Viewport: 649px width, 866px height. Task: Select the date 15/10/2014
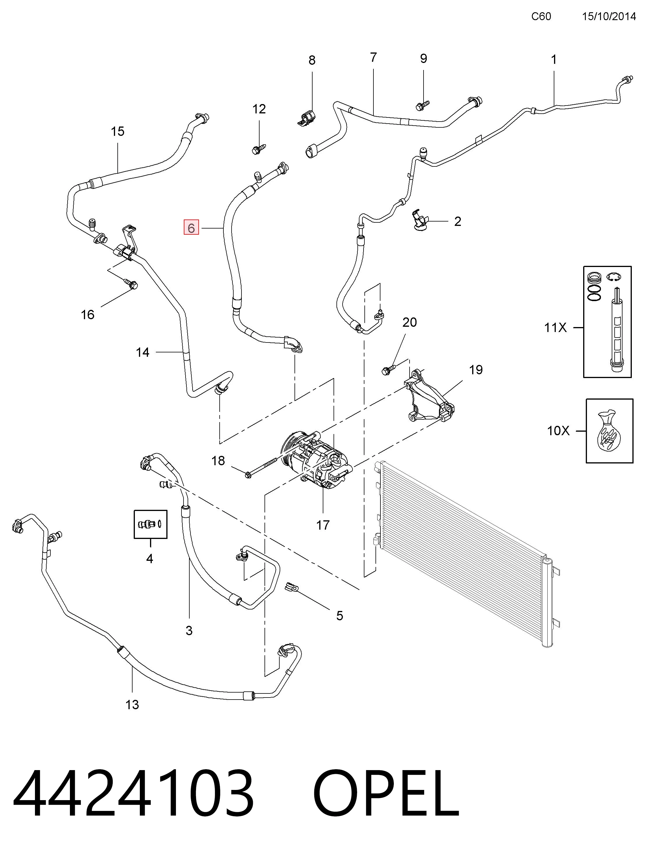609,16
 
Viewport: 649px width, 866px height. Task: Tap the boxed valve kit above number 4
151,524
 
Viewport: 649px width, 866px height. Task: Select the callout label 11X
555,327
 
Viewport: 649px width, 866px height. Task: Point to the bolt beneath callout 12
259,149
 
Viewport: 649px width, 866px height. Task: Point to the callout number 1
553,59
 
